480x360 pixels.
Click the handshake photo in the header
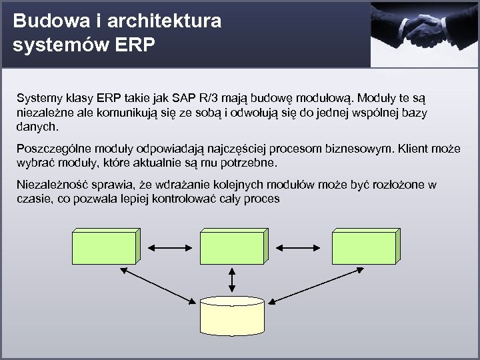click(425, 33)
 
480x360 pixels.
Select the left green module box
click(105, 247)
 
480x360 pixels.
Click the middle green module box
click(233, 247)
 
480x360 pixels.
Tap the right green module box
click(366, 247)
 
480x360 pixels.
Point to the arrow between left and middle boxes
click(169, 247)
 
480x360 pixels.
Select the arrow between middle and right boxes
click(299, 247)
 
